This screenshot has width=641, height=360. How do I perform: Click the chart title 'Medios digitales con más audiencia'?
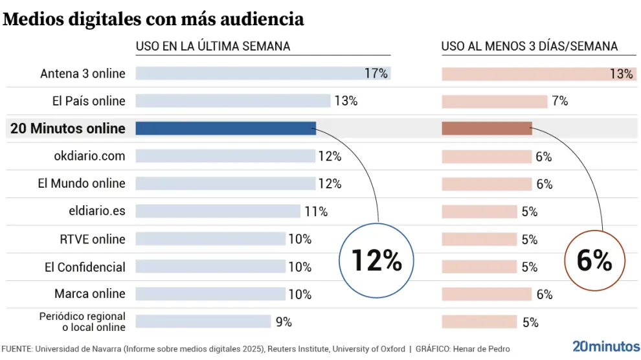point(153,19)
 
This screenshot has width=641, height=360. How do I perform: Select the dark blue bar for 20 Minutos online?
point(225,128)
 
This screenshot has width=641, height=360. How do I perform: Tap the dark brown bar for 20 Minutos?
point(486,128)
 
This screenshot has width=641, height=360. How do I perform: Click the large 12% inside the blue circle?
point(377,260)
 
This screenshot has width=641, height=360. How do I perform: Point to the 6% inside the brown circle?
point(594,260)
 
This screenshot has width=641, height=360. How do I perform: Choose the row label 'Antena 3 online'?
point(83,73)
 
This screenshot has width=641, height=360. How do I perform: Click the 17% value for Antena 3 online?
point(376,73)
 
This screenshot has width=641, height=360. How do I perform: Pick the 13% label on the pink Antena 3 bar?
point(621,74)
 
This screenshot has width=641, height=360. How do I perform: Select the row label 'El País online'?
point(89,101)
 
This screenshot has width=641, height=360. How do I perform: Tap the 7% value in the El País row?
point(560,101)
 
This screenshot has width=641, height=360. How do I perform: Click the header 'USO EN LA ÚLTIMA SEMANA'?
point(212,46)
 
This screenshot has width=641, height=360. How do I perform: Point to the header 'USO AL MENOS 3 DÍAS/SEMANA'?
point(529,46)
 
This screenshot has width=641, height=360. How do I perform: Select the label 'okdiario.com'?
point(89,156)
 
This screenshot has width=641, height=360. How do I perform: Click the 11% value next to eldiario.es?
point(315,212)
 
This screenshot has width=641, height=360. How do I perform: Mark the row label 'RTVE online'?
point(92,239)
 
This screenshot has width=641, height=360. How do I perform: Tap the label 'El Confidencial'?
point(85,267)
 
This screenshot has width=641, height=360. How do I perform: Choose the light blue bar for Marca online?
point(210,294)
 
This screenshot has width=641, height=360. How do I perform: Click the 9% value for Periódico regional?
point(284,322)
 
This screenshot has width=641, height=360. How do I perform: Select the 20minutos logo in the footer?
point(606,346)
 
